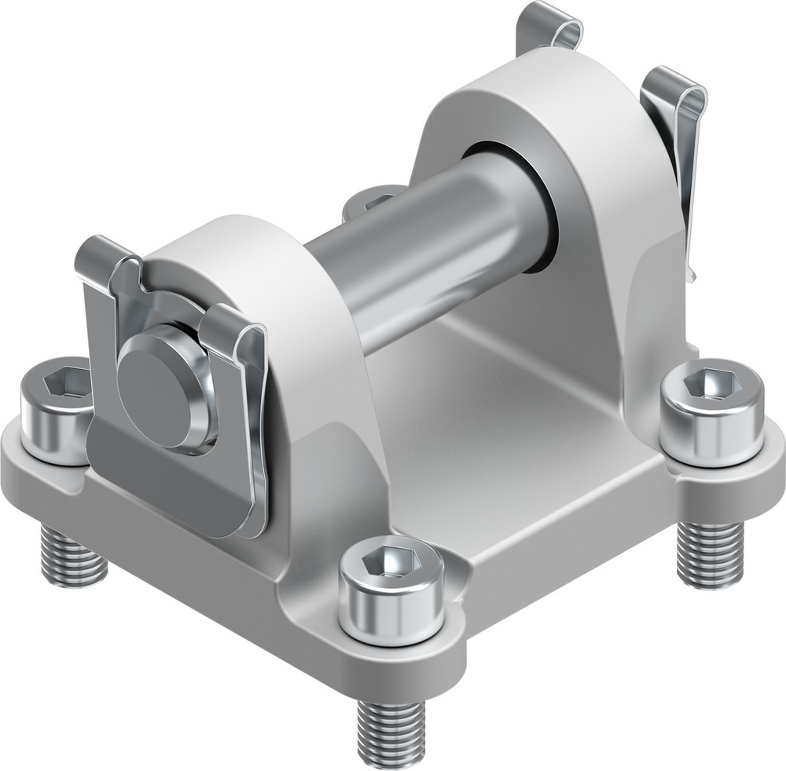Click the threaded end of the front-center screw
tap(391, 730)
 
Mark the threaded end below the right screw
tap(709, 554)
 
